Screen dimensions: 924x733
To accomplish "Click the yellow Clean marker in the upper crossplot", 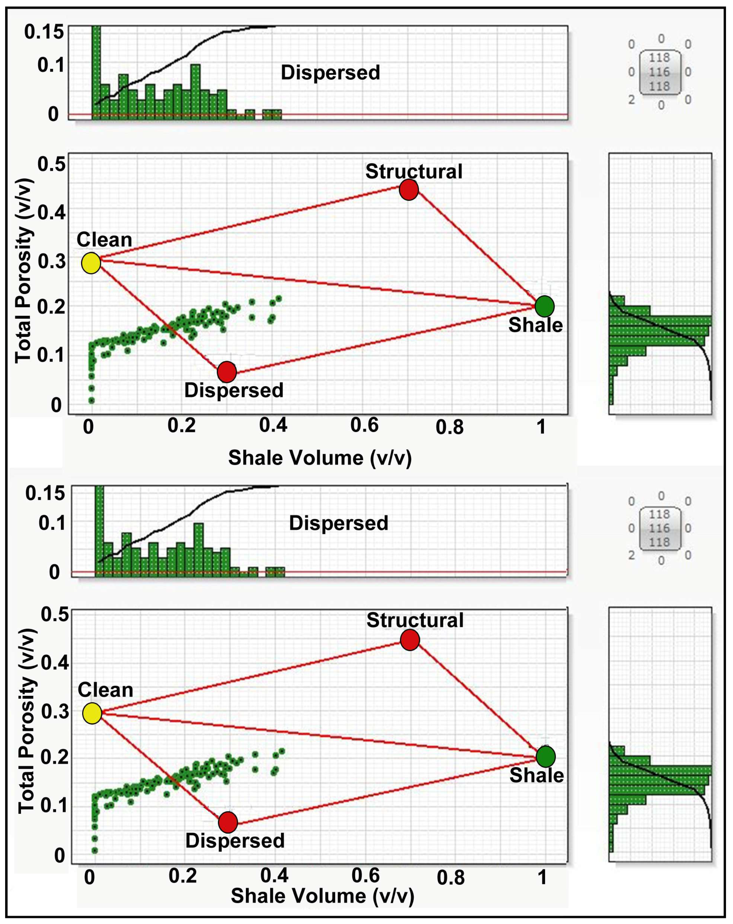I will (x=91, y=263).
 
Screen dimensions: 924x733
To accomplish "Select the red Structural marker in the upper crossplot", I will (x=409, y=189).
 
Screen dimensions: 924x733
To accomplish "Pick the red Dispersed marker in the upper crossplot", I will (x=227, y=371).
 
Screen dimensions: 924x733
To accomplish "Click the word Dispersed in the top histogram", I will (x=330, y=72).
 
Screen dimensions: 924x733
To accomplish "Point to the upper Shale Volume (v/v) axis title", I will (x=319, y=458).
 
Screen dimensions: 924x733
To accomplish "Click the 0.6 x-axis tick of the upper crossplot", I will (x=364, y=425).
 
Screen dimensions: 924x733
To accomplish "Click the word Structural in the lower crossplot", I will (x=415, y=620).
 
